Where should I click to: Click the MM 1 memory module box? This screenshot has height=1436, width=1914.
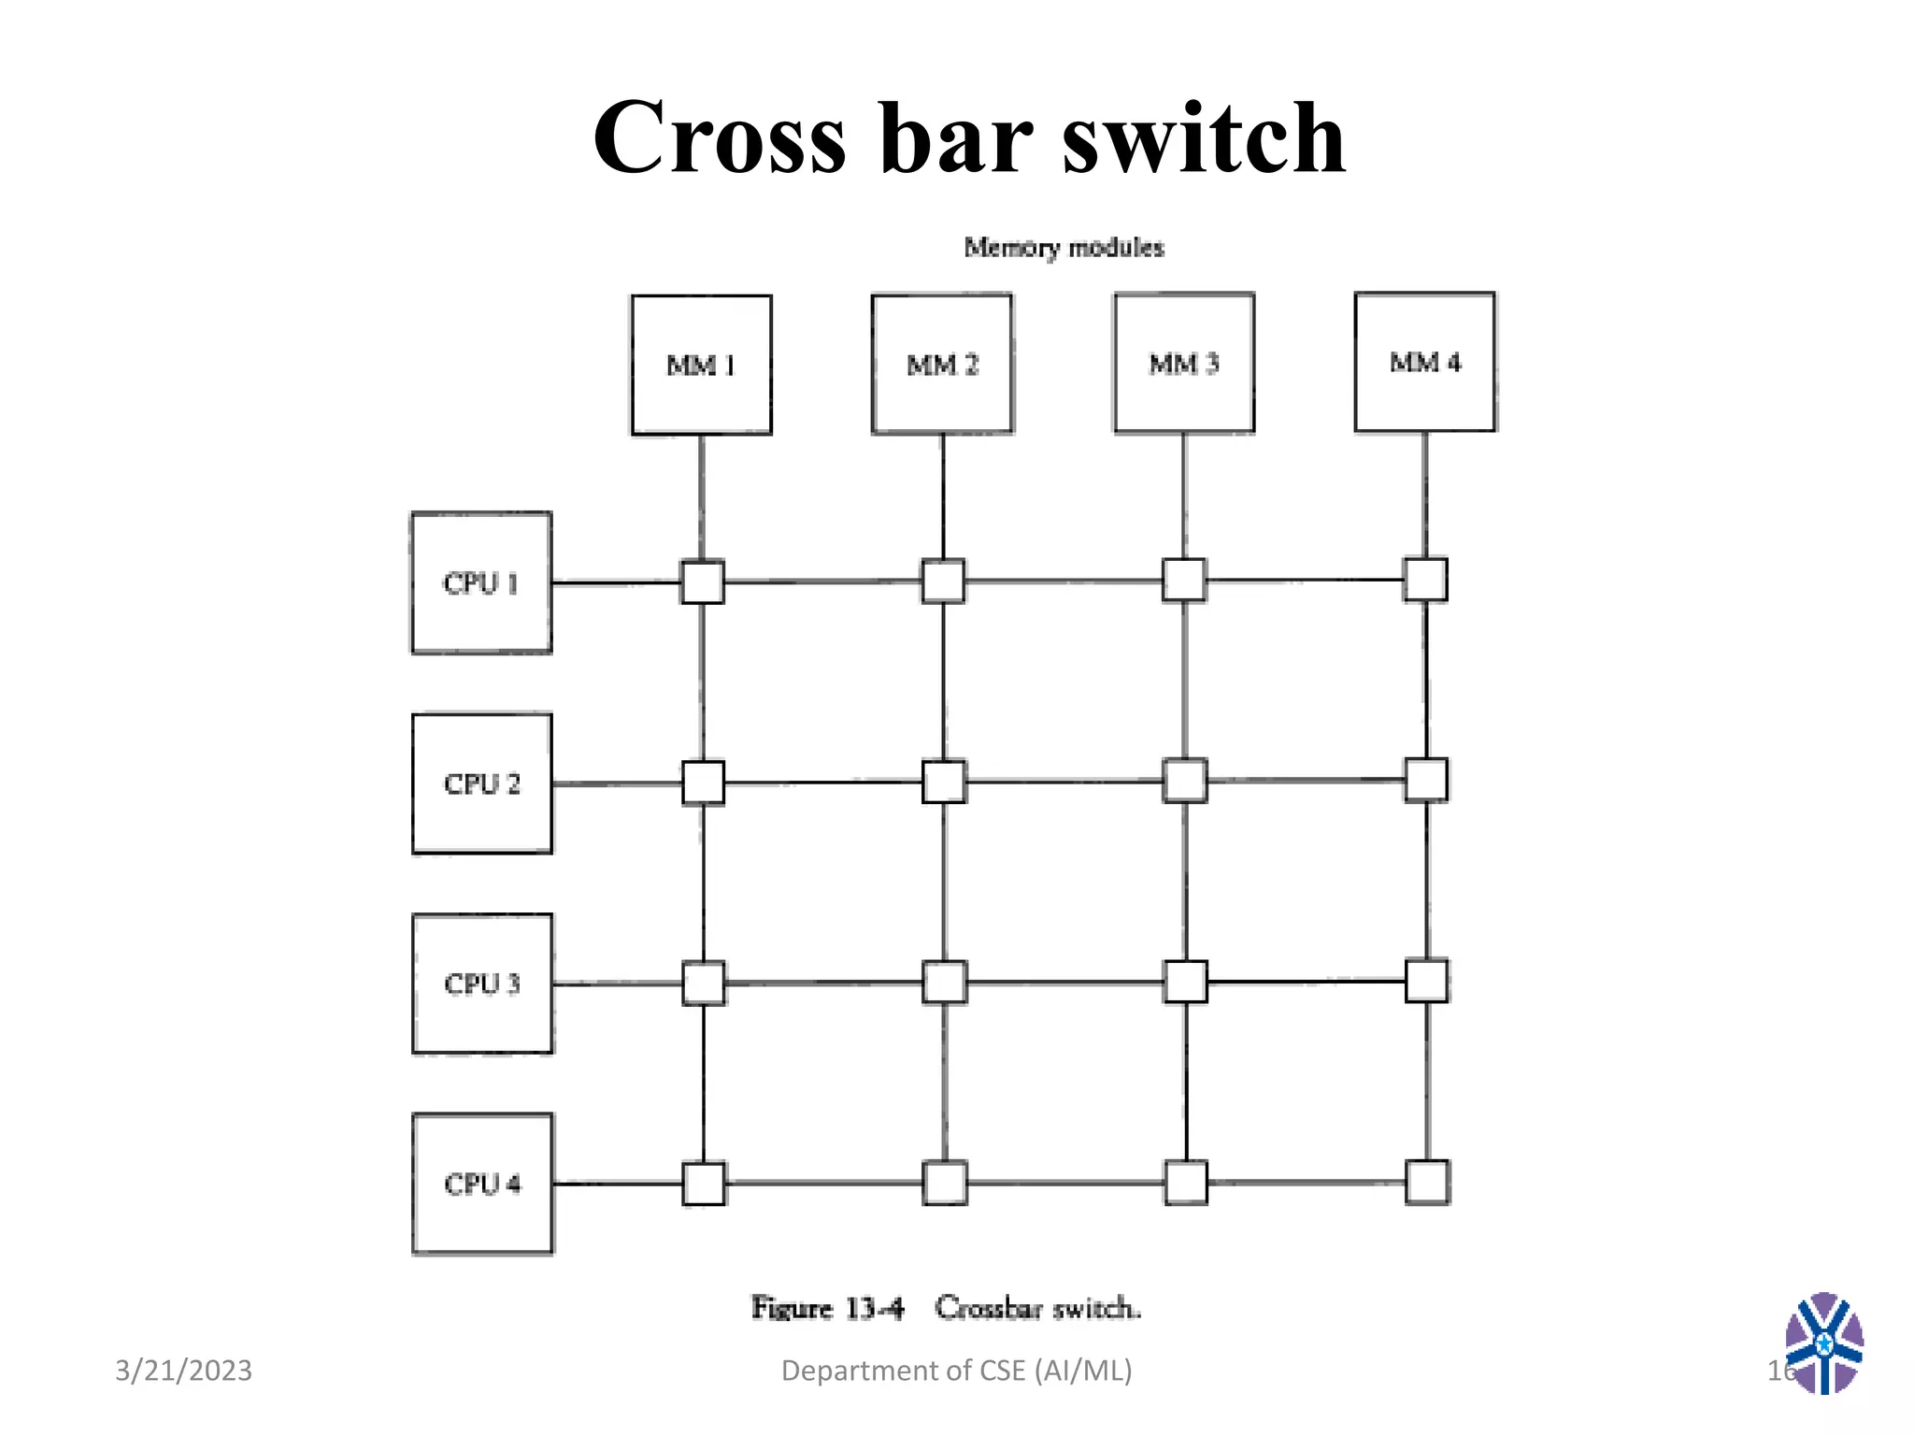pos(701,365)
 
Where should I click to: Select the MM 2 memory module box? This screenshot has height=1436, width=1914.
pos(942,364)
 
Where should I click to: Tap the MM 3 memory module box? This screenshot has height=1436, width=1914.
pos(1184,363)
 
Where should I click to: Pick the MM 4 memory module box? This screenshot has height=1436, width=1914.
pos(1425,362)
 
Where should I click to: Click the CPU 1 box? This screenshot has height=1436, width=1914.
pos(481,582)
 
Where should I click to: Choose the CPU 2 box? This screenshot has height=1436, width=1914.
pos(481,783)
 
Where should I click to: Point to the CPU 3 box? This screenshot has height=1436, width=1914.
pos(482,984)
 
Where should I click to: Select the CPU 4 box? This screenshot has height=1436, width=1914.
pos(482,1184)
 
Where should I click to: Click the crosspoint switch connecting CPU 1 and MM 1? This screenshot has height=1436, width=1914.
pos(702,582)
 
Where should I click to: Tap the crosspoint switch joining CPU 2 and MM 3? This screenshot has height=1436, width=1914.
pos(1185,781)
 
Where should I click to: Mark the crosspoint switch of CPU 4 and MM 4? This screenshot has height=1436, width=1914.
pos(1427,1182)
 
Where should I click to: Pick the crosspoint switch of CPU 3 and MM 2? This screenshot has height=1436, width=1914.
pos(944,982)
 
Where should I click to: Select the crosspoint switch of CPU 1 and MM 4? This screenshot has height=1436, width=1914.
pos(1425,580)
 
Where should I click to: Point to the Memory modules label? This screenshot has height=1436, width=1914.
pos(1064,248)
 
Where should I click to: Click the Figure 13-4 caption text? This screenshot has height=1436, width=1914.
pos(946,1307)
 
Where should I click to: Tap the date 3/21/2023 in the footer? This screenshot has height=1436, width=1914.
pos(183,1371)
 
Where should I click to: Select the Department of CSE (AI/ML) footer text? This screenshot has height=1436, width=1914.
pos(956,1371)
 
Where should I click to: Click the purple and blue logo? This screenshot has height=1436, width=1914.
pos(1823,1343)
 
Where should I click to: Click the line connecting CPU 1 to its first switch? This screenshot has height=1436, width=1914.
pos(615,582)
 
